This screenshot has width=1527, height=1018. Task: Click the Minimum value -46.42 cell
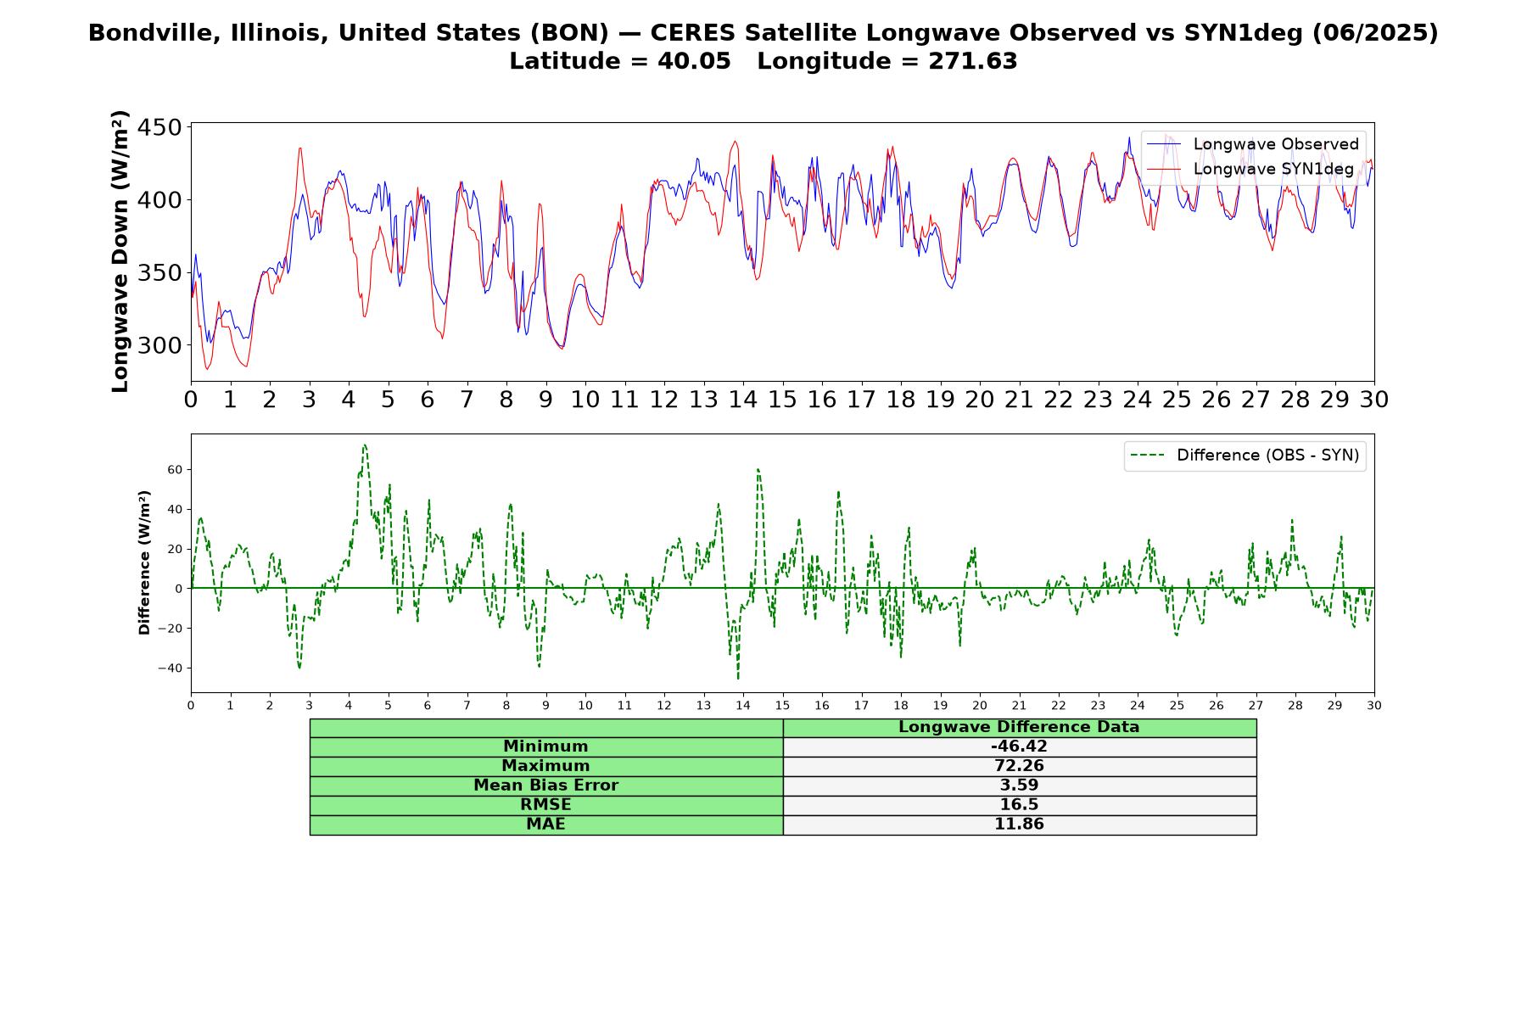[x=1019, y=747]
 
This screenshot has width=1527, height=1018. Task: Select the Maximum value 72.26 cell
[x=1019, y=766]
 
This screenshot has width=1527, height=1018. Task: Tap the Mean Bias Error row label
[x=545, y=786]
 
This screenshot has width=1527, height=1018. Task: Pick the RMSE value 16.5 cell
[x=1019, y=805]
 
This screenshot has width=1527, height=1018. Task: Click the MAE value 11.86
[x=1019, y=824]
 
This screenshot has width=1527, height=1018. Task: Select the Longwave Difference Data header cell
[x=1019, y=727]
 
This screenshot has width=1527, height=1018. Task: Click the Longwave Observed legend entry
[x=1252, y=144]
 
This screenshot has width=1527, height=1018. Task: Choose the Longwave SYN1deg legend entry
[x=1250, y=169]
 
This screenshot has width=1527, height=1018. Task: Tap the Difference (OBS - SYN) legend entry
[x=1245, y=456]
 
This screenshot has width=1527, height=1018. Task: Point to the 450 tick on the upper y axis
[x=159, y=127]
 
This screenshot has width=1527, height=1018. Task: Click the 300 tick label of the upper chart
[x=159, y=345]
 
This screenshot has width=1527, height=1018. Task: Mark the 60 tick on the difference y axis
[x=175, y=469]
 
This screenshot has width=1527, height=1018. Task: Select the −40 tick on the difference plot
[x=171, y=668]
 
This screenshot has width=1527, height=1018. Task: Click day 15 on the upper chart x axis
[x=782, y=400]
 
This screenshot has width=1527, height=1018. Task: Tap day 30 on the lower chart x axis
[x=1374, y=705]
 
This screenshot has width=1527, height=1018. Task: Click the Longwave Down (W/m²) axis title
[x=120, y=251]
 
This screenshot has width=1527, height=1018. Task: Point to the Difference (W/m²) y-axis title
[x=144, y=562]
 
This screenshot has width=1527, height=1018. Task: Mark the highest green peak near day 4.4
[x=365, y=445]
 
